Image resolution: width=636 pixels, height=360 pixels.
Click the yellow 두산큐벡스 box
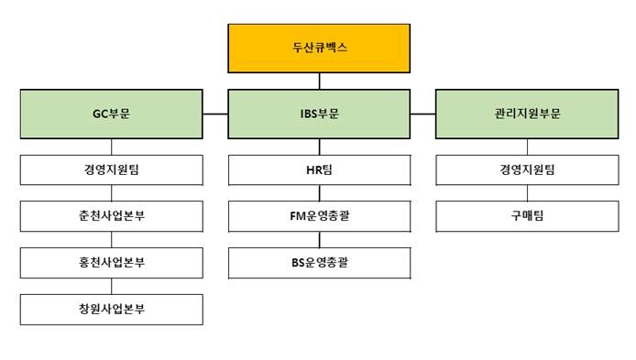pos(318,49)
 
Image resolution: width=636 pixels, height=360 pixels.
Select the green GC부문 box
pos(112,114)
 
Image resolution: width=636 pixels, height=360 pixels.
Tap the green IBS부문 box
pos(318,114)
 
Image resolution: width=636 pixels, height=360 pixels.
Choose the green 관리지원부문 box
pos(525,114)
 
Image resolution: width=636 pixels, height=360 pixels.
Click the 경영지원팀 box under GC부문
pos(112,169)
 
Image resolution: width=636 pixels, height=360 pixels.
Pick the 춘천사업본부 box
pos(112,216)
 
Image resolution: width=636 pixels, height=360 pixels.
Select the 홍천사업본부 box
pos(112,263)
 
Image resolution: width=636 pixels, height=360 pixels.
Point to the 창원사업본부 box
pos(112,310)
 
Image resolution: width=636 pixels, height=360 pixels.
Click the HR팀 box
pos(318,169)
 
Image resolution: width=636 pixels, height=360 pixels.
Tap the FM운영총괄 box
pos(318,216)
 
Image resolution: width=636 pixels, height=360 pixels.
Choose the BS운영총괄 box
pos(318,263)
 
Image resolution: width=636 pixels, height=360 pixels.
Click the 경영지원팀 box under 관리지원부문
pos(525,169)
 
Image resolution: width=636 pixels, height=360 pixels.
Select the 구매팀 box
pos(525,216)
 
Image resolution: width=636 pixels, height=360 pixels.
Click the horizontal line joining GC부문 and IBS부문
pos(215,114)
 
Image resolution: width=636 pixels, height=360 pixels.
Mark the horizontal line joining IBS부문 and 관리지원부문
pos(422,114)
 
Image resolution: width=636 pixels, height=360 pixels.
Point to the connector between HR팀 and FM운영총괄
pos(319,193)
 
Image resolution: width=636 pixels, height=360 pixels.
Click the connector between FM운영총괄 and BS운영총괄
pos(319,240)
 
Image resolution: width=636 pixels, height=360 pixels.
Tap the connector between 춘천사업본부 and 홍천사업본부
pos(112,240)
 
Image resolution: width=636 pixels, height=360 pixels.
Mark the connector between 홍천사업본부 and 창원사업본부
pos(112,287)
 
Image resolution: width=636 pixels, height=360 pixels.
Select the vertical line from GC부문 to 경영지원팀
pos(112,147)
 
